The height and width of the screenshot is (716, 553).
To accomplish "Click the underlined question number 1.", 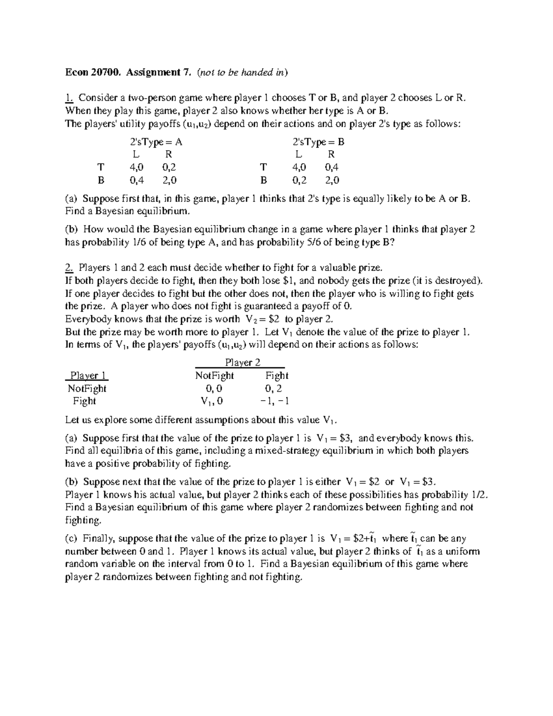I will pos(69,98).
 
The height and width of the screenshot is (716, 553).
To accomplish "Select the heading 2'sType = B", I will pos(318,142).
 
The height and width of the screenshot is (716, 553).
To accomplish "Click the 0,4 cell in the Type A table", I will pos(136,180).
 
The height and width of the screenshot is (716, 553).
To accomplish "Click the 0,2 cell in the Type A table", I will pos(169,167).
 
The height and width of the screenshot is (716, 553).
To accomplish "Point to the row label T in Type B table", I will pos(263,167).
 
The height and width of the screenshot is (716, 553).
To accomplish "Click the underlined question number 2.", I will pos(69,267).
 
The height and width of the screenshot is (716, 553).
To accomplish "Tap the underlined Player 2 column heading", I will pos(242,362).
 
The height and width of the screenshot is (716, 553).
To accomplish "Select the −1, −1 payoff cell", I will pos(274,401).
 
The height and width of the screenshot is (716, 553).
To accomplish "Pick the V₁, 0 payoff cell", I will pos(212,401).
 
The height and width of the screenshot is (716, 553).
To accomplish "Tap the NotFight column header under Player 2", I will pos(214,375).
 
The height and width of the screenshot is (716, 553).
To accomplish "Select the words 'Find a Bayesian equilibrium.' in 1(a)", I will pos(127,211).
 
